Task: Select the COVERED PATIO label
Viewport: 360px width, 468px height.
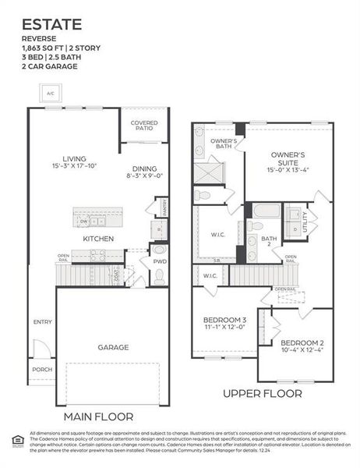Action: pyautogui.click(x=144, y=126)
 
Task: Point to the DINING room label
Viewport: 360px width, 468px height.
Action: pyautogui.click(x=144, y=168)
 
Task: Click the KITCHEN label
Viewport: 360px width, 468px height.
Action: pyautogui.click(x=99, y=238)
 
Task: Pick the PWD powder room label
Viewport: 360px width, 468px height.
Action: pyautogui.click(x=159, y=262)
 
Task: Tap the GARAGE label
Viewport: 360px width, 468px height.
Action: pyautogui.click(x=113, y=346)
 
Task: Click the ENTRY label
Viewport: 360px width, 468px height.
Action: pyautogui.click(x=42, y=321)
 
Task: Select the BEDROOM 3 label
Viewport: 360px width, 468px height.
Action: pyautogui.click(x=224, y=320)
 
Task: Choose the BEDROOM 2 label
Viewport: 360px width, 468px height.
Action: pyautogui.click(x=302, y=344)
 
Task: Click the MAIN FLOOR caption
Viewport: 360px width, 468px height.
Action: pyautogui.click(x=98, y=416)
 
